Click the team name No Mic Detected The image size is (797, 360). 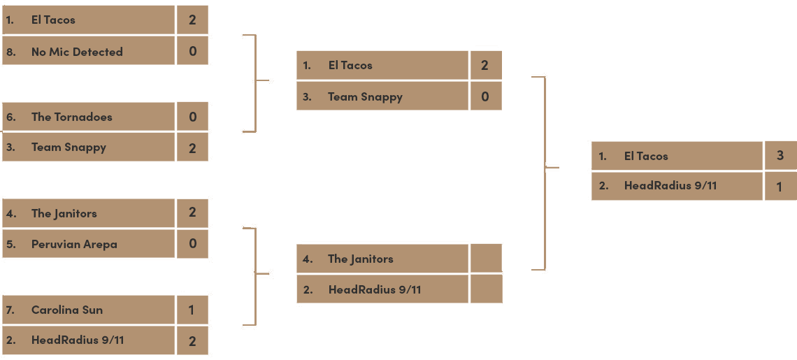pos(77,52)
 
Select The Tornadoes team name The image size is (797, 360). pos(71,117)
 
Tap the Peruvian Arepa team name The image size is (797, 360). pos(74,244)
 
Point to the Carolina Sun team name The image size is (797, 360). pos(67,310)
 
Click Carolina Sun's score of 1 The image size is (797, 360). pos(192,310)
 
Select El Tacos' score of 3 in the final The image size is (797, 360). pos(780,155)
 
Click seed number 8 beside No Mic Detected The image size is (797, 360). pos(10,52)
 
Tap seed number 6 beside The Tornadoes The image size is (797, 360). pos(10,117)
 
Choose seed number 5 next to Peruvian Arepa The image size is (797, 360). pos(10,244)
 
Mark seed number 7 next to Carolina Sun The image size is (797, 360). pos(10,310)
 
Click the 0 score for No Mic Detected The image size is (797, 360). pos(192,51)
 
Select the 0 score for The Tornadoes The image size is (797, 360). pos(192,117)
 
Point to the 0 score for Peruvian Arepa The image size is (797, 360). pos(192,244)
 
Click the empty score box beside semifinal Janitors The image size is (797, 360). pos(486,258)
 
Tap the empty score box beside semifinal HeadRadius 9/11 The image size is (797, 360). pos(486,289)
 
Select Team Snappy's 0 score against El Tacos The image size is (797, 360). pos(485,96)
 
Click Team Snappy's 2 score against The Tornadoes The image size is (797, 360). pos(192,147)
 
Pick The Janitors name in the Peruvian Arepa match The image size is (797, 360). pos(64,213)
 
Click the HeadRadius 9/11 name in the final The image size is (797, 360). pos(670,185)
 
